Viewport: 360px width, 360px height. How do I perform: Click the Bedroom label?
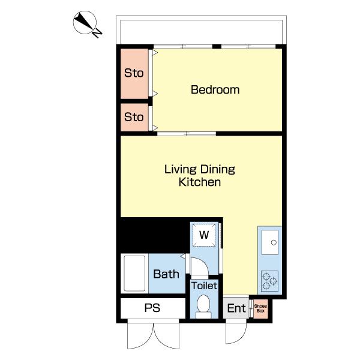pyautogui.click(x=215, y=89)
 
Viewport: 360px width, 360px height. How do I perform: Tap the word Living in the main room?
pyautogui.click(x=181, y=170)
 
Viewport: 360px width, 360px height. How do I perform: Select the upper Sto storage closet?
pyautogui.click(x=134, y=74)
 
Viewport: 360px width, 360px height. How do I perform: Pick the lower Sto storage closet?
pyautogui.click(x=134, y=117)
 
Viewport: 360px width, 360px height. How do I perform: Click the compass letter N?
pyautogui.click(x=97, y=33)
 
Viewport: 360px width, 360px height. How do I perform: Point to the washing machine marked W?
pyautogui.click(x=204, y=235)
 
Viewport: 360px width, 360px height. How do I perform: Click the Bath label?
pyautogui.click(x=166, y=274)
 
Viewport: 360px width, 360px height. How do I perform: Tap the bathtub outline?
pyautogui.click(x=134, y=274)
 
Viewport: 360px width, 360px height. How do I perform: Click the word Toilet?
pyautogui.click(x=204, y=286)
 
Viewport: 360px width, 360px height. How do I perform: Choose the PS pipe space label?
pyautogui.click(x=152, y=308)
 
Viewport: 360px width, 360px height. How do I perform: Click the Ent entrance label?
pyautogui.click(x=236, y=308)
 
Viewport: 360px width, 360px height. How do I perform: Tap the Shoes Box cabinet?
pyautogui.click(x=260, y=308)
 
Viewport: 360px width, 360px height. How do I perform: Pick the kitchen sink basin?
pyautogui.click(x=270, y=242)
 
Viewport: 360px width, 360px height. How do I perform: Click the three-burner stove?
pyautogui.click(x=270, y=281)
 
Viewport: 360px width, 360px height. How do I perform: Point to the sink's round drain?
pyautogui.click(x=274, y=242)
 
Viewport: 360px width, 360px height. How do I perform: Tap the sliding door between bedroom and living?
pyautogui.click(x=187, y=134)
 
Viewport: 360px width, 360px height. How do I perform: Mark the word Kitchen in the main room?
pyautogui.click(x=200, y=182)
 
